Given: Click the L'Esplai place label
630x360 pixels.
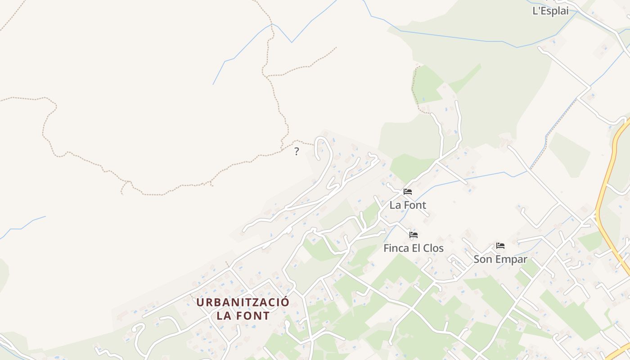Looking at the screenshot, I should pos(550,11).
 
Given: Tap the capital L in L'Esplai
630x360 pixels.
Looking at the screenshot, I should pos(535,11).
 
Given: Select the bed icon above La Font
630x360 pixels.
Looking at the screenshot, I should pos(408,192).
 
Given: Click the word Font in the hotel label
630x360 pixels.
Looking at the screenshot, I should pos(414,205).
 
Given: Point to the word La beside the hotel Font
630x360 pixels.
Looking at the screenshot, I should pos(395,205).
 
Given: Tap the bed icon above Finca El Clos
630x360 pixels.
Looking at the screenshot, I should pos(414,235).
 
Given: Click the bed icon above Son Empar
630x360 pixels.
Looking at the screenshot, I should pos(500,246).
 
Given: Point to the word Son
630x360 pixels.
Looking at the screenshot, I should pos(482,260).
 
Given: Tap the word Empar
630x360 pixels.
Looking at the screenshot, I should pos(510,260).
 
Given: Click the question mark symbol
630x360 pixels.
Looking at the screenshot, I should pos(297,152).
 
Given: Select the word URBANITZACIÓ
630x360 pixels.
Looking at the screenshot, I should pos(243,302).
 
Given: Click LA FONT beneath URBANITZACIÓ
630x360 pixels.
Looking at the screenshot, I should pos(243,316).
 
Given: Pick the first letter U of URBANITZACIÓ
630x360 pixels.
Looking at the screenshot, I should pos(200,302).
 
